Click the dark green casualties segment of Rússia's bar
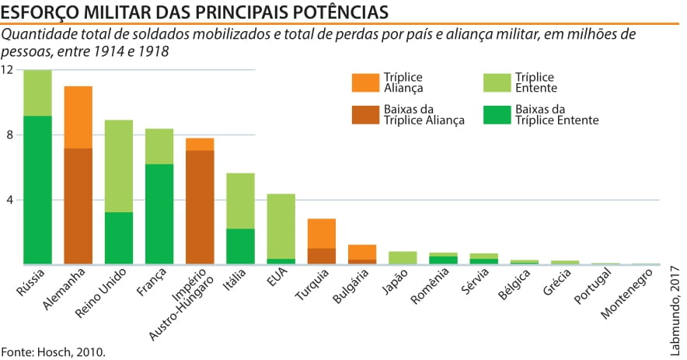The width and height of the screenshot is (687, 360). (37, 190)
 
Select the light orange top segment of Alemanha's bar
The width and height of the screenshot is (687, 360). (78, 117)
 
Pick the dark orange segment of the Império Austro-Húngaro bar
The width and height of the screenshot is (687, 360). (200, 207)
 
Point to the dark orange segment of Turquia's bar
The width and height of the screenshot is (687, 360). (321, 257)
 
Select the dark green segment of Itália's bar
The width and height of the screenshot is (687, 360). (240, 246)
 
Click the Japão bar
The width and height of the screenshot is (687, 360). (403, 258)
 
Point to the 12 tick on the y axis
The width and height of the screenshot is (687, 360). (7, 70)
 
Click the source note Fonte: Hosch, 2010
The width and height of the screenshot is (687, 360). (52, 351)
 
